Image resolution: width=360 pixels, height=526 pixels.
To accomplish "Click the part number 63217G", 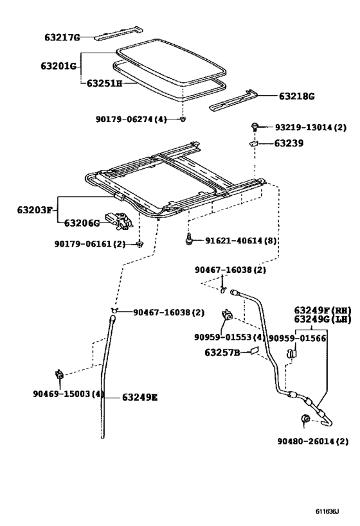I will (62, 38).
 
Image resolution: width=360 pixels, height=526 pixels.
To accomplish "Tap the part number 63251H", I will (102, 83).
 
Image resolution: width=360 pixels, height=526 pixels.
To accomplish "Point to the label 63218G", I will (296, 96).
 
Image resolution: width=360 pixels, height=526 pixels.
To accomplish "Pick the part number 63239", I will (290, 144).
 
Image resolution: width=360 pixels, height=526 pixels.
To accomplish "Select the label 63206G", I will (82, 223).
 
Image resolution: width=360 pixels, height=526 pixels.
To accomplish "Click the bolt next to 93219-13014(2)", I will (255, 127).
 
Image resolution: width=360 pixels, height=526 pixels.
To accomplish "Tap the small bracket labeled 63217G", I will (118, 34).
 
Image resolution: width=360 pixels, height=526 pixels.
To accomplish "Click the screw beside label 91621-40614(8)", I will (188, 238).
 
